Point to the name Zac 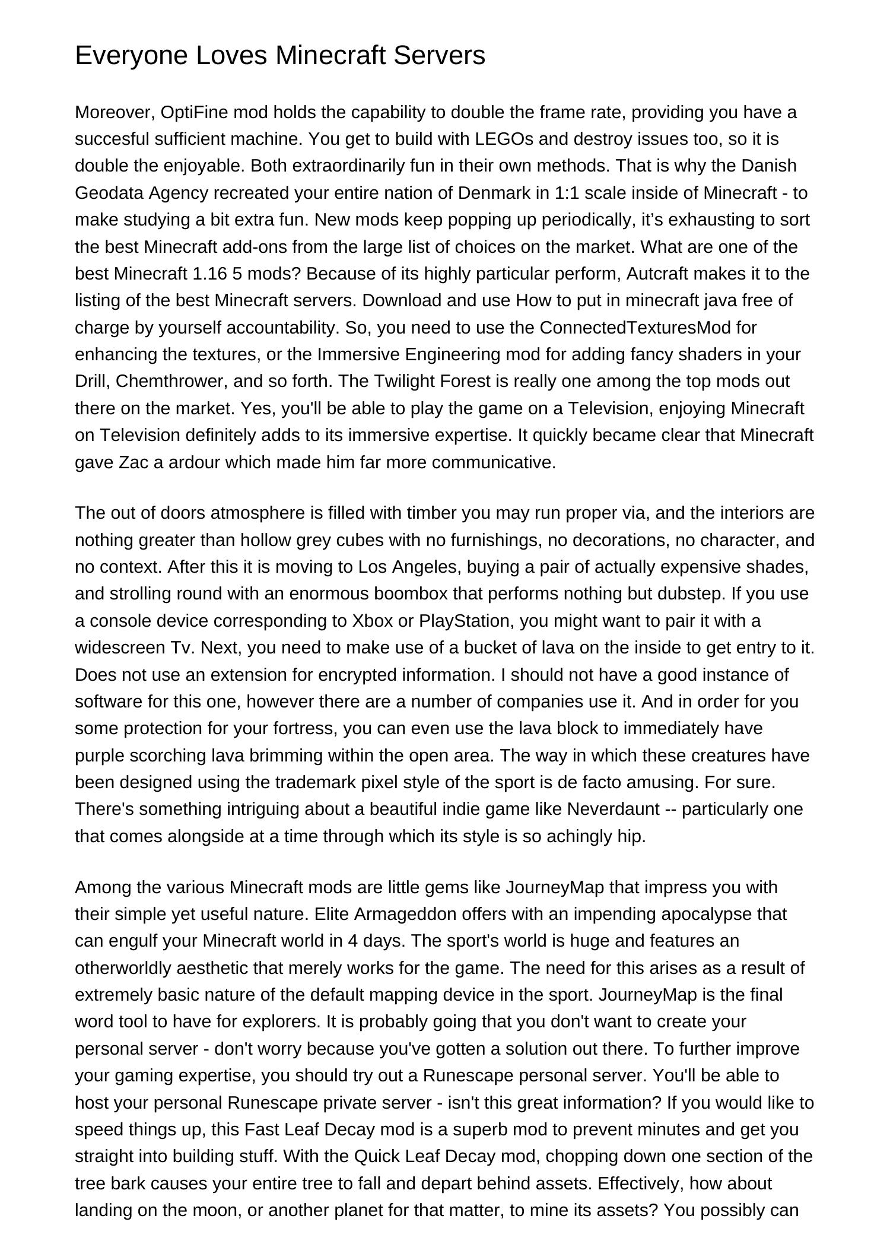tap(133, 462)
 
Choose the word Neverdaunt tap(613, 809)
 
